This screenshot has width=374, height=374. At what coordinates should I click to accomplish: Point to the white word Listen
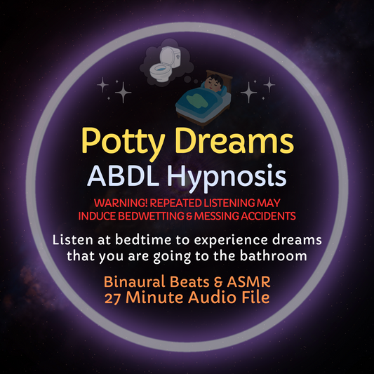pos(72,240)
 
